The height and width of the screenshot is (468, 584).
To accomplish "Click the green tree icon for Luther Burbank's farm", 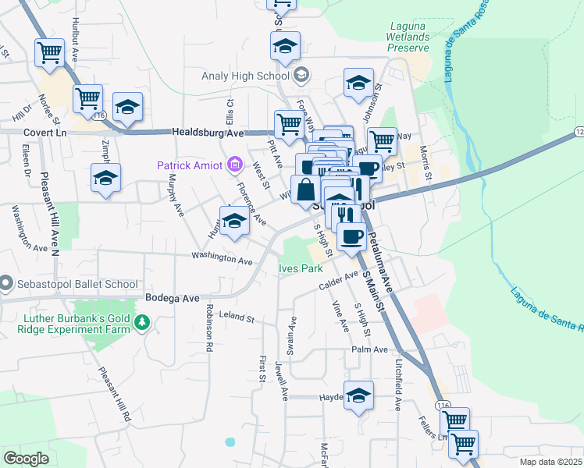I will point(141,322).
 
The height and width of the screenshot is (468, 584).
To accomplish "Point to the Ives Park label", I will point(301,268).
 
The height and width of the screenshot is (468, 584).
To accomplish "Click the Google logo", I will point(27,459).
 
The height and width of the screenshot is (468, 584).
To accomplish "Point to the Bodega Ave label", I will point(173,298).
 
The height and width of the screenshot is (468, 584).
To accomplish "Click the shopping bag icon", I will point(307,190).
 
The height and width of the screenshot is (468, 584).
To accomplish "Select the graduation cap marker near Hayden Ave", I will point(359,395).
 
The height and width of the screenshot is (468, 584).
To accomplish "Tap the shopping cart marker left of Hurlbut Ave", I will point(50,53).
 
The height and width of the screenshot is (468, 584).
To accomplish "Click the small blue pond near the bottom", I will point(230,441).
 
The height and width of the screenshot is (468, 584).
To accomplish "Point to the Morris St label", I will point(426,161).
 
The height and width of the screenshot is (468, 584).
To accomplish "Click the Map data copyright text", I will point(550,461).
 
